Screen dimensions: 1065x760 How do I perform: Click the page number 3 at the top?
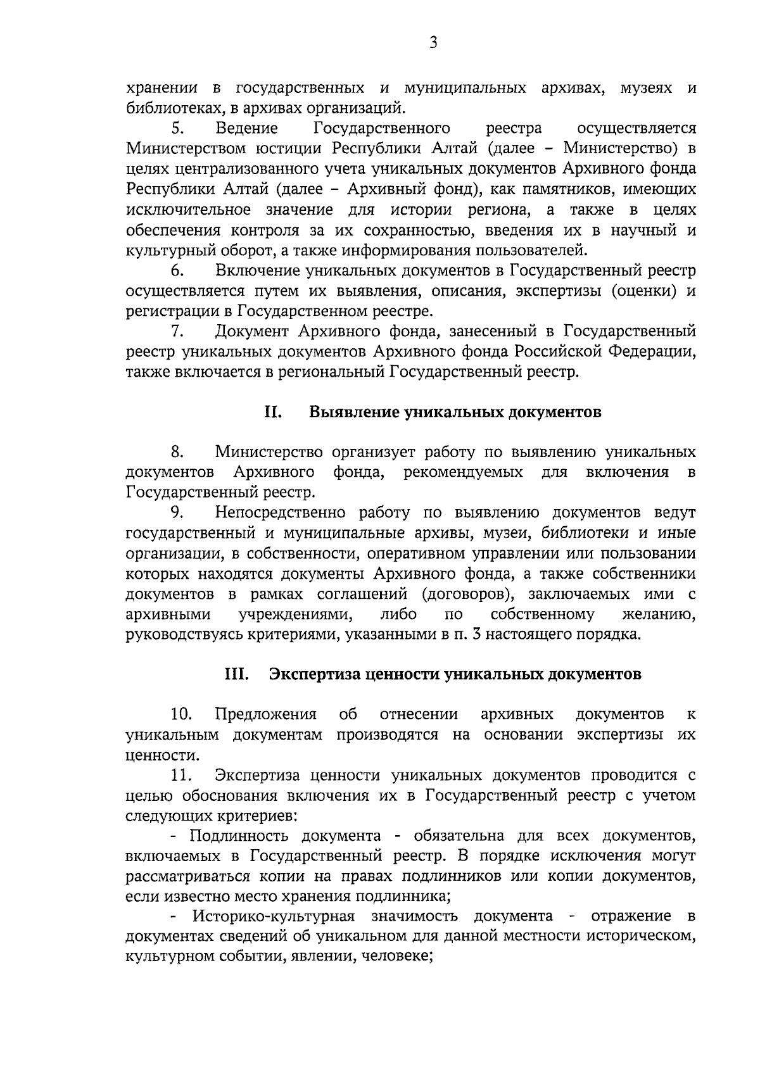click(x=433, y=43)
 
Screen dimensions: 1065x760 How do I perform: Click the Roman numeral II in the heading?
click(x=273, y=413)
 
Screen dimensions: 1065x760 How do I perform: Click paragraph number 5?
click(x=177, y=129)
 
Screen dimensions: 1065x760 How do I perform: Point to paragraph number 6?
click(x=177, y=272)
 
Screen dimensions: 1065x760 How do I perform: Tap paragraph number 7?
click(x=177, y=332)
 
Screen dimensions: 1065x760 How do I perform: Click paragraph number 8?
click(x=177, y=453)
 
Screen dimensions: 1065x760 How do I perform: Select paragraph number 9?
click(x=177, y=513)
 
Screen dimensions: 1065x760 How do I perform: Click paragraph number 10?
click(x=181, y=715)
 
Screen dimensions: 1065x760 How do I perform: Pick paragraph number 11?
click(x=181, y=776)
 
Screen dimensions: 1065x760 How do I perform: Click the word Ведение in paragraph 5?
click(x=246, y=129)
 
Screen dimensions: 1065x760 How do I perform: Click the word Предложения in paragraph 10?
click(x=265, y=715)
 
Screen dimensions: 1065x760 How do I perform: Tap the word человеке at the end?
click(x=396, y=957)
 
